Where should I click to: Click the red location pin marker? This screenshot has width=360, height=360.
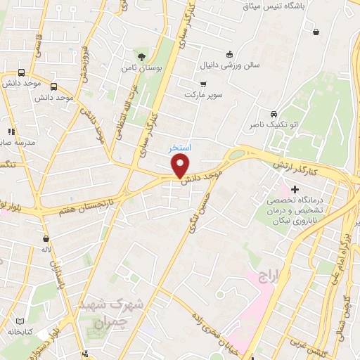pyautogui.click(x=181, y=166)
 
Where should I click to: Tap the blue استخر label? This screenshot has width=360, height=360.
pyautogui.click(x=179, y=149)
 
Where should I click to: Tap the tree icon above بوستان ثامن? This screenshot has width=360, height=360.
pyautogui.click(x=142, y=56)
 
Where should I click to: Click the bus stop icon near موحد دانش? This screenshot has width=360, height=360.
pyautogui.click(x=21, y=72)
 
